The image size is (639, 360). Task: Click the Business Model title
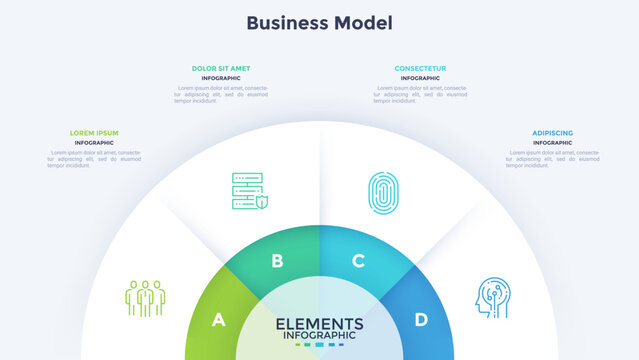[x=319, y=22]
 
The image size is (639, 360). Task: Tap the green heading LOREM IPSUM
[x=94, y=133]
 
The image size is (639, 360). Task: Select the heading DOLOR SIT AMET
[x=221, y=68]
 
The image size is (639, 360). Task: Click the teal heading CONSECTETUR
[x=420, y=68]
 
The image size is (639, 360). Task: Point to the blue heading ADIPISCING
[x=552, y=133]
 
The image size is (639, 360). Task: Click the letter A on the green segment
[x=218, y=320]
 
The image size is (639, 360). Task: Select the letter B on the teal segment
[x=277, y=262]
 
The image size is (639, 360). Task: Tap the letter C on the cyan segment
[x=358, y=262]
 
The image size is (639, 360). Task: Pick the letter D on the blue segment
[x=421, y=320]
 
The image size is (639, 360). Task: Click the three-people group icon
[x=145, y=297]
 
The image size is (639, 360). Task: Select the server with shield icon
[x=249, y=191]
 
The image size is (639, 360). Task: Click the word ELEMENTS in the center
[x=319, y=323]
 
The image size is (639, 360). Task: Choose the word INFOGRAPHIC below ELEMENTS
[x=319, y=335]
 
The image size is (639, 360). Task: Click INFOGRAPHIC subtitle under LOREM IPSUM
[x=94, y=143]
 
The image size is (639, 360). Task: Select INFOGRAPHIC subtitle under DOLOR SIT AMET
[x=221, y=78]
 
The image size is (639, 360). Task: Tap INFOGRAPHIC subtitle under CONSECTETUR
[x=420, y=78]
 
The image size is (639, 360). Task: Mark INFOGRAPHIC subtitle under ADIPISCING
[x=552, y=143]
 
